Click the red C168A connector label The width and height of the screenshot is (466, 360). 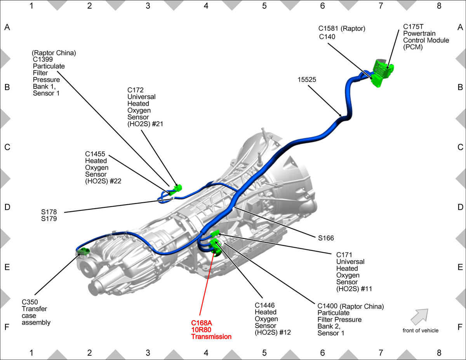(202, 323)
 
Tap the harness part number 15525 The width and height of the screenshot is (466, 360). (307, 80)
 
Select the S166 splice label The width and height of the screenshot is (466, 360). (326, 238)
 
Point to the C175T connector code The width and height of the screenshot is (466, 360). (413, 26)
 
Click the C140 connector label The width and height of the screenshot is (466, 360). (327, 37)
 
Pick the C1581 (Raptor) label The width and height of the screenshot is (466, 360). (342, 28)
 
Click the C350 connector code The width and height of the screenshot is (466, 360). (30, 302)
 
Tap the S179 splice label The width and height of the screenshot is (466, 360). (49, 219)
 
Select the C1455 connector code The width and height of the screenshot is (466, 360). (95, 154)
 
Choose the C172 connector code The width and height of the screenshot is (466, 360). (135, 90)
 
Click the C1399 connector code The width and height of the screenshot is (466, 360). (43, 59)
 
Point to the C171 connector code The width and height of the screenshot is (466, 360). (344, 255)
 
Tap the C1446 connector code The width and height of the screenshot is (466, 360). (264, 305)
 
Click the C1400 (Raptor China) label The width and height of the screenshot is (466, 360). (351, 306)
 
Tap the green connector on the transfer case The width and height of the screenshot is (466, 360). (83, 251)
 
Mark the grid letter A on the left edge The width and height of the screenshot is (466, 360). (7, 27)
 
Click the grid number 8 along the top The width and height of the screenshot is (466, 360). (439, 6)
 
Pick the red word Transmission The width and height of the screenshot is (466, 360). (211, 336)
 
